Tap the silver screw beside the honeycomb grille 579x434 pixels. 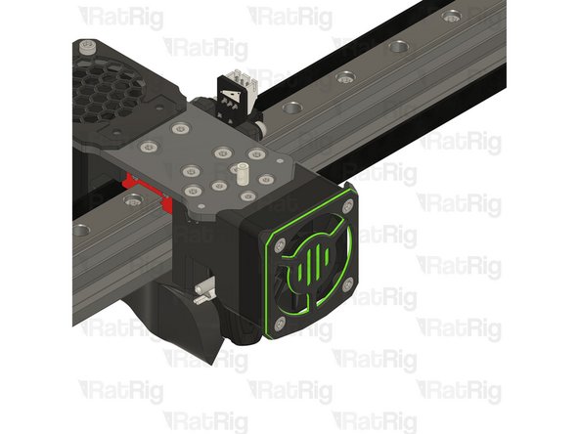[x=89, y=46]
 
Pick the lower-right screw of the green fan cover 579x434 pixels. [x=348, y=283]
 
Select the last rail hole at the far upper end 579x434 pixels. [x=451, y=17]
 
